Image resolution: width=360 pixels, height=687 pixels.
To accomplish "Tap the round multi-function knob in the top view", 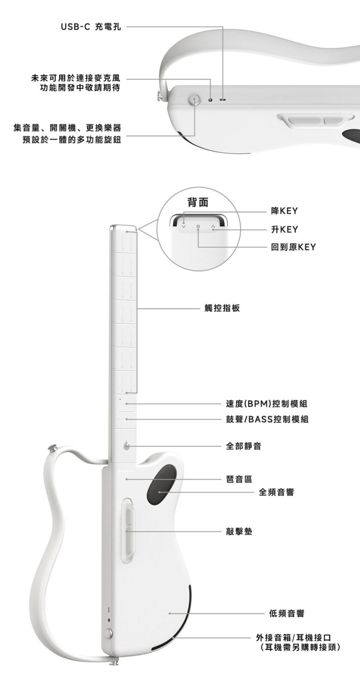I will tap(194, 100).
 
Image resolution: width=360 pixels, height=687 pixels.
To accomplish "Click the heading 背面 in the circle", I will tap(198, 202).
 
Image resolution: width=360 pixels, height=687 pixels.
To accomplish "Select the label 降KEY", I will tap(284, 211).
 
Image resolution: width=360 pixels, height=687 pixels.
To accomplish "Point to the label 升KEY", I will tap(284, 229).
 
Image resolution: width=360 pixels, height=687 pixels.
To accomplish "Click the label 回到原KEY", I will tap(293, 247).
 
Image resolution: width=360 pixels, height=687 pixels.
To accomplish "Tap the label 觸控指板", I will tap(222, 308).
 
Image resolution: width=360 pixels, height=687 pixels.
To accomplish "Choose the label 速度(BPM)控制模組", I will tap(266, 404).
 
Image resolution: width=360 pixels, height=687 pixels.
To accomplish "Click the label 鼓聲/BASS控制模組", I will tap(267, 419).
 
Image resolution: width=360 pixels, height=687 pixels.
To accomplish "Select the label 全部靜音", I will tap(244, 446).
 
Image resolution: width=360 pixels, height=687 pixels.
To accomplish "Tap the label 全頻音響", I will tap(277, 492).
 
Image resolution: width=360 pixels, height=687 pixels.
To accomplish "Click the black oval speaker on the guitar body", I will tap(161, 486).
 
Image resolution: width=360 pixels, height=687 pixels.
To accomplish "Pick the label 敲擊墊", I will tap(239, 532).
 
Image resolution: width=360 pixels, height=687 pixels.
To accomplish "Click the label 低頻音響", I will tap(287, 614).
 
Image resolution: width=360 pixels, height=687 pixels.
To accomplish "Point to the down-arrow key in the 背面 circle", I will tap(184, 226).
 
